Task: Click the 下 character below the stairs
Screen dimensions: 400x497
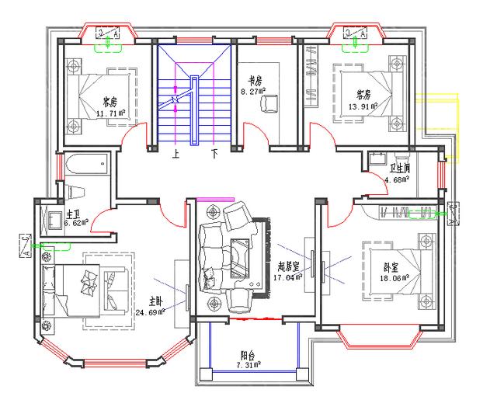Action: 214,155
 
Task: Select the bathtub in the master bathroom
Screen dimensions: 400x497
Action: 86,165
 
